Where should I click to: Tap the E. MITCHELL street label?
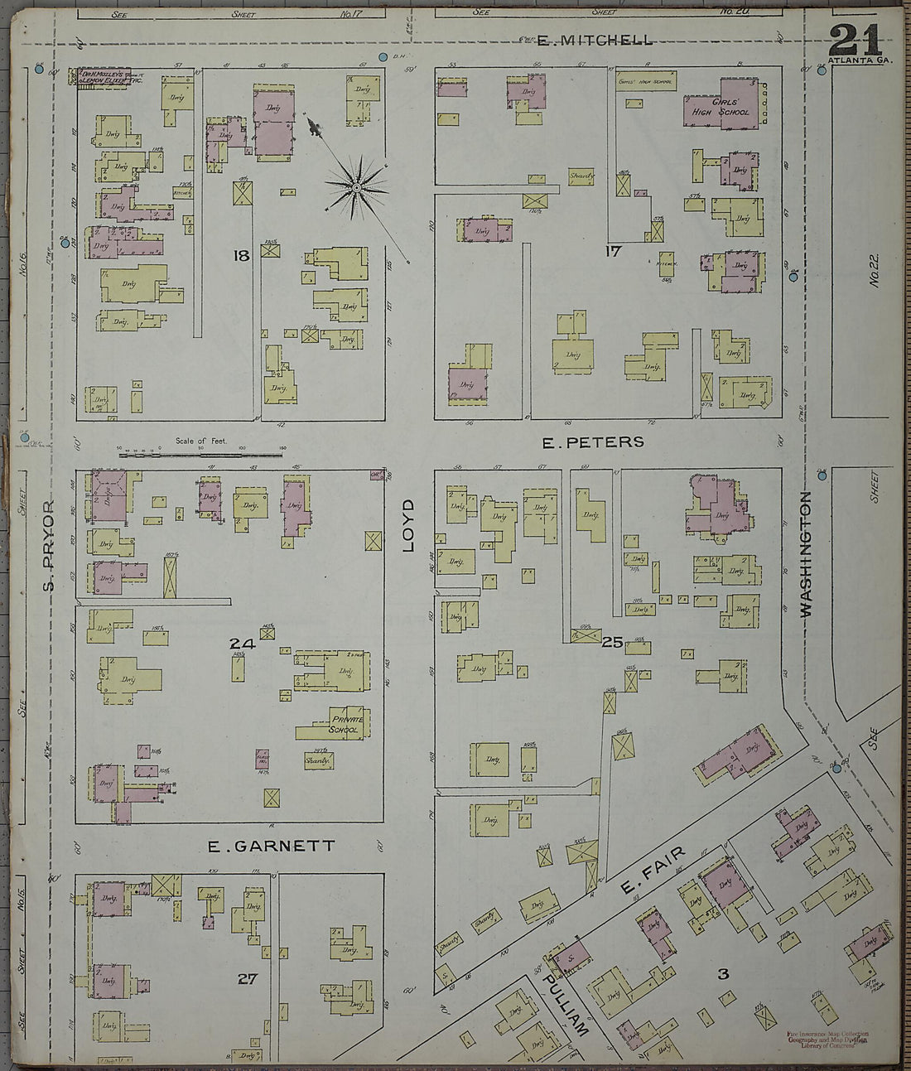pos(595,40)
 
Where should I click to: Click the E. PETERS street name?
pos(592,442)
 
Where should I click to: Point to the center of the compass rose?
pos(356,189)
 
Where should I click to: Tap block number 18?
pos(241,256)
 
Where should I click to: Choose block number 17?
pos(612,251)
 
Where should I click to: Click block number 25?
pos(612,641)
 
